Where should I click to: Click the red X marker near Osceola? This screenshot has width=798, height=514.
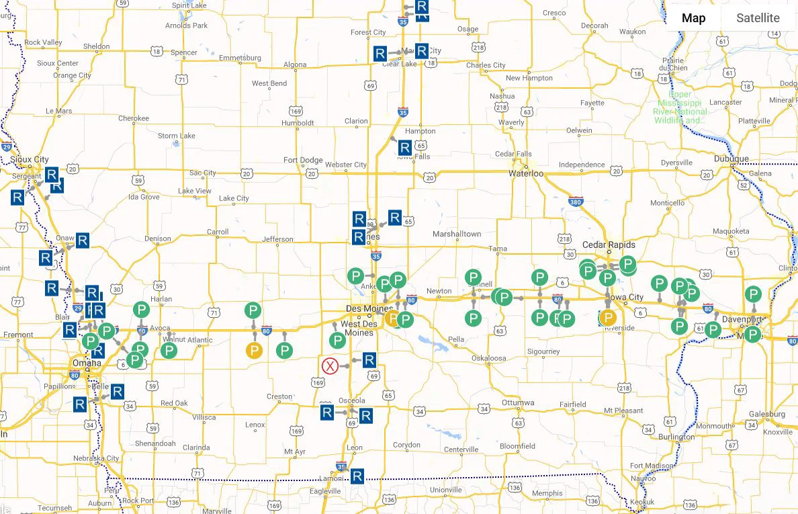(329, 366)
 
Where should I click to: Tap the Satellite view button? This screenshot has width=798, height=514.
(758, 18)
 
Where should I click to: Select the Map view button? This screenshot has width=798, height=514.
(693, 18)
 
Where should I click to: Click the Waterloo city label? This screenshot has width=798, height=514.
(525, 173)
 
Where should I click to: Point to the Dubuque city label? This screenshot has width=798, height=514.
(731, 159)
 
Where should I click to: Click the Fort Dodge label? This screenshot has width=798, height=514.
(303, 160)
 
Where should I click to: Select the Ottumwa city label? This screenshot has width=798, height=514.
(518, 402)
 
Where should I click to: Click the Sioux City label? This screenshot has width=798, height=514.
(30, 159)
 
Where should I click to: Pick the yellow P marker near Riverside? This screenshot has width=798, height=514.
(608, 318)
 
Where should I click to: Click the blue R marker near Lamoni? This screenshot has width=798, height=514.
(357, 476)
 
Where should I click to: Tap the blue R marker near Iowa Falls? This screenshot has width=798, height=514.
(404, 147)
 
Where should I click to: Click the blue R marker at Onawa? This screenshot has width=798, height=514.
(83, 240)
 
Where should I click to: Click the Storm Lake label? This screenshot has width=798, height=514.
(177, 136)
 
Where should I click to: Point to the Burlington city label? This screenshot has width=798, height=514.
(676, 437)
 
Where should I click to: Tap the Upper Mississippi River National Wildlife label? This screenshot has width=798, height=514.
(680, 108)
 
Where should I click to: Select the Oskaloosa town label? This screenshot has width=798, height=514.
(488, 358)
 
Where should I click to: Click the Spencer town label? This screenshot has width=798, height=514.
(183, 52)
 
